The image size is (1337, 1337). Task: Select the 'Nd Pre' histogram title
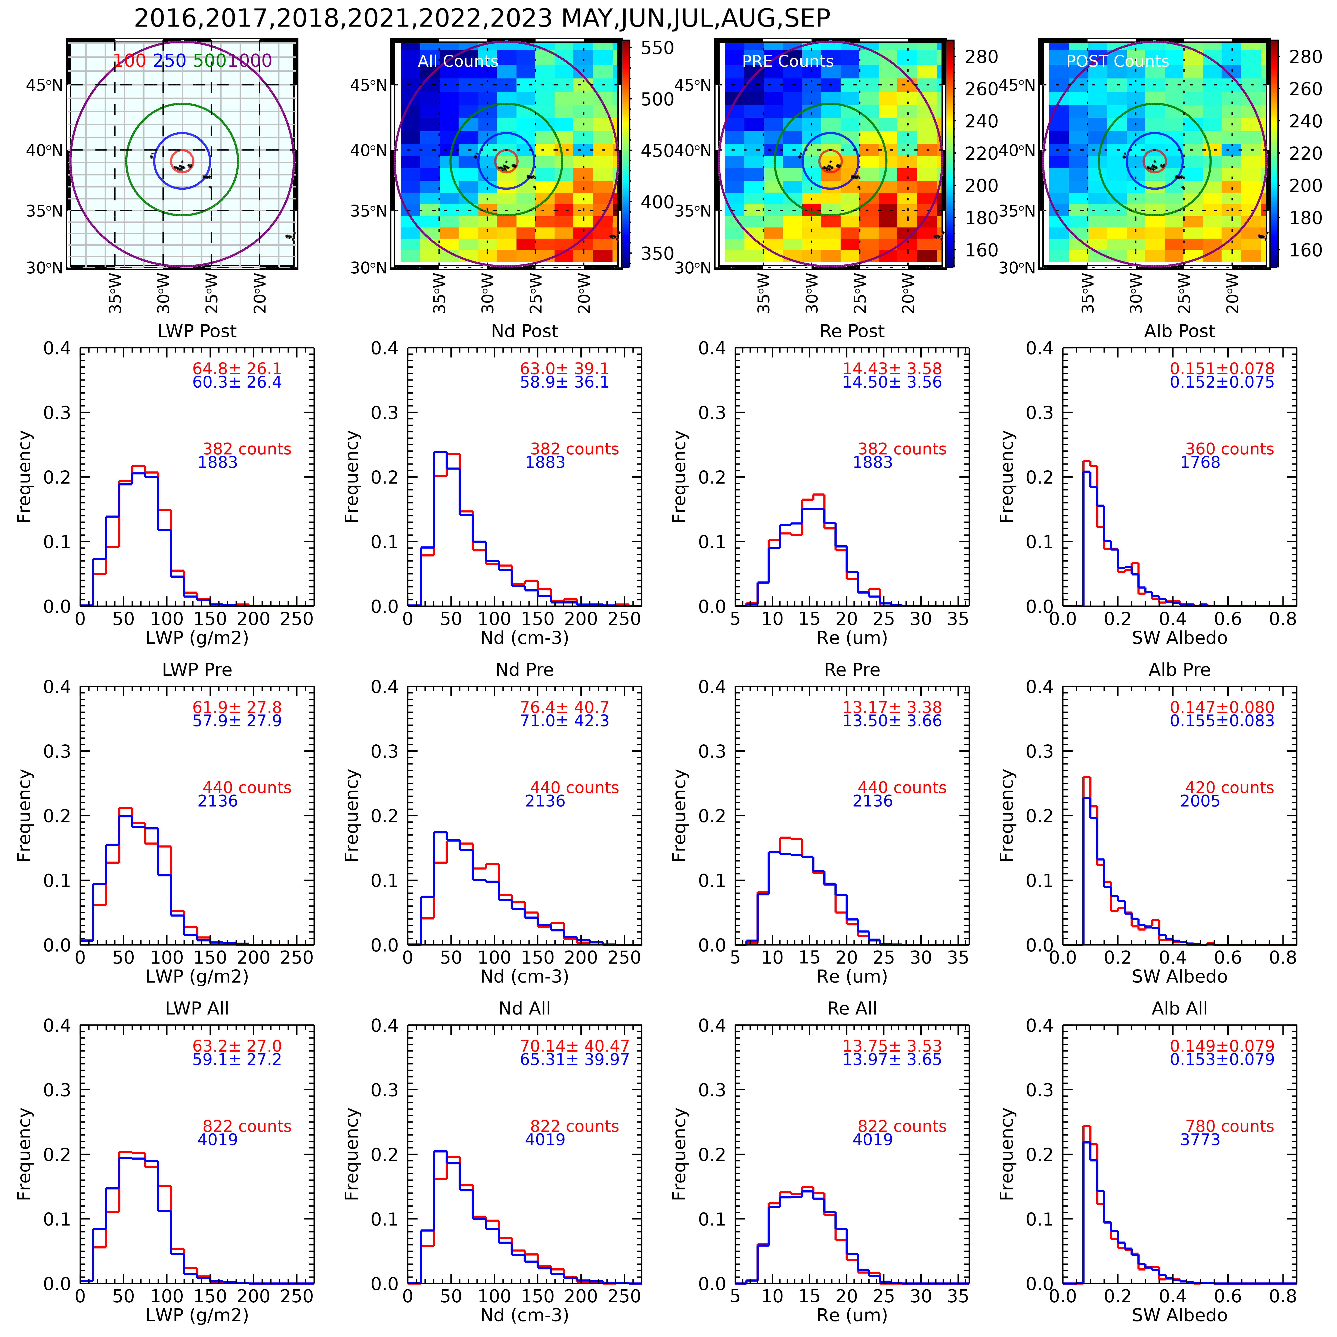coord(525,670)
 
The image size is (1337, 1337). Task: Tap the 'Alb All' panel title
coord(1179,1008)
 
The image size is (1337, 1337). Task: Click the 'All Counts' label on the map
coord(457,62)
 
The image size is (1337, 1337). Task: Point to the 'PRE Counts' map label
coord(788,62)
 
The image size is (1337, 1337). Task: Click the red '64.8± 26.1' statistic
coord(237,369)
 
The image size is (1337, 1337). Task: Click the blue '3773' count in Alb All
coord(1200,1140)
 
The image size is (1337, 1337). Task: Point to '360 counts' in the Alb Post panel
coord(1229,449)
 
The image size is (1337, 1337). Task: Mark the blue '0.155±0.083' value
coord(1221,721)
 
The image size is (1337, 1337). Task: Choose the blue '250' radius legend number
coord(170,61)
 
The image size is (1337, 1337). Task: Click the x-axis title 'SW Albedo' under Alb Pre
coord(1179,976)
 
